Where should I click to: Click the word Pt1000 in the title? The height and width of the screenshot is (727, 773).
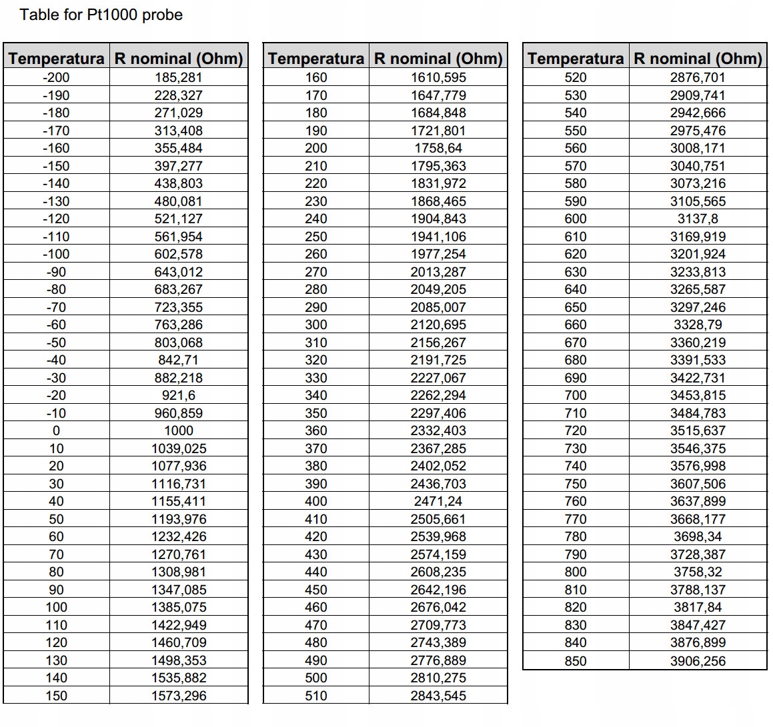coord(111,15)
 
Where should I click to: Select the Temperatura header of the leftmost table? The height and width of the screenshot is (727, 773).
coord(57,59)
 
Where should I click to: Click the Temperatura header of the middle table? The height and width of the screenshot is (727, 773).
coord(316,59)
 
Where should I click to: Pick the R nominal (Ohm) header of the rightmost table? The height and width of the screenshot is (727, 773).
coord(698,59)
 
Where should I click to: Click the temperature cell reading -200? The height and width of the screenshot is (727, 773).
coord(56,77)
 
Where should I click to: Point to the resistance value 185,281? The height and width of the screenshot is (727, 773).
coord(179,77)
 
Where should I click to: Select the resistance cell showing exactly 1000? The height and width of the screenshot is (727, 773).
coord(179,430)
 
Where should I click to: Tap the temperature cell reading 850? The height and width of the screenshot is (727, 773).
coord(576,661)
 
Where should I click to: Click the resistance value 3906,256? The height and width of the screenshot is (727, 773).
coord(698,661)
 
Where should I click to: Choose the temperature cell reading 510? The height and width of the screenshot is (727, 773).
coord(316,696)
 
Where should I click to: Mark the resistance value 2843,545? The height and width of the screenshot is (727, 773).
coord(438,696)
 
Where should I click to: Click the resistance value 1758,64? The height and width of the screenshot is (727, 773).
coord(438,148)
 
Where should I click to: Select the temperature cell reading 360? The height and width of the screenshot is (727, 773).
coord(316,430)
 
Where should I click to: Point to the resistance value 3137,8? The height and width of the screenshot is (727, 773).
coord(698,219)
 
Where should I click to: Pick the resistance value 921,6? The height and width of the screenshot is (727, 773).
coord(179,395)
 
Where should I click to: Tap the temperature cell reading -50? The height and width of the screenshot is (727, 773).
coord(56,343)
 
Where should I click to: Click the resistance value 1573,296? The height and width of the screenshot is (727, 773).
coord(179,696)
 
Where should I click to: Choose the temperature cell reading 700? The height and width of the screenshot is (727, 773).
coord(576,395)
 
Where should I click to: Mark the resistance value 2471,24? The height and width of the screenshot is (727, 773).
coord(438,501)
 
